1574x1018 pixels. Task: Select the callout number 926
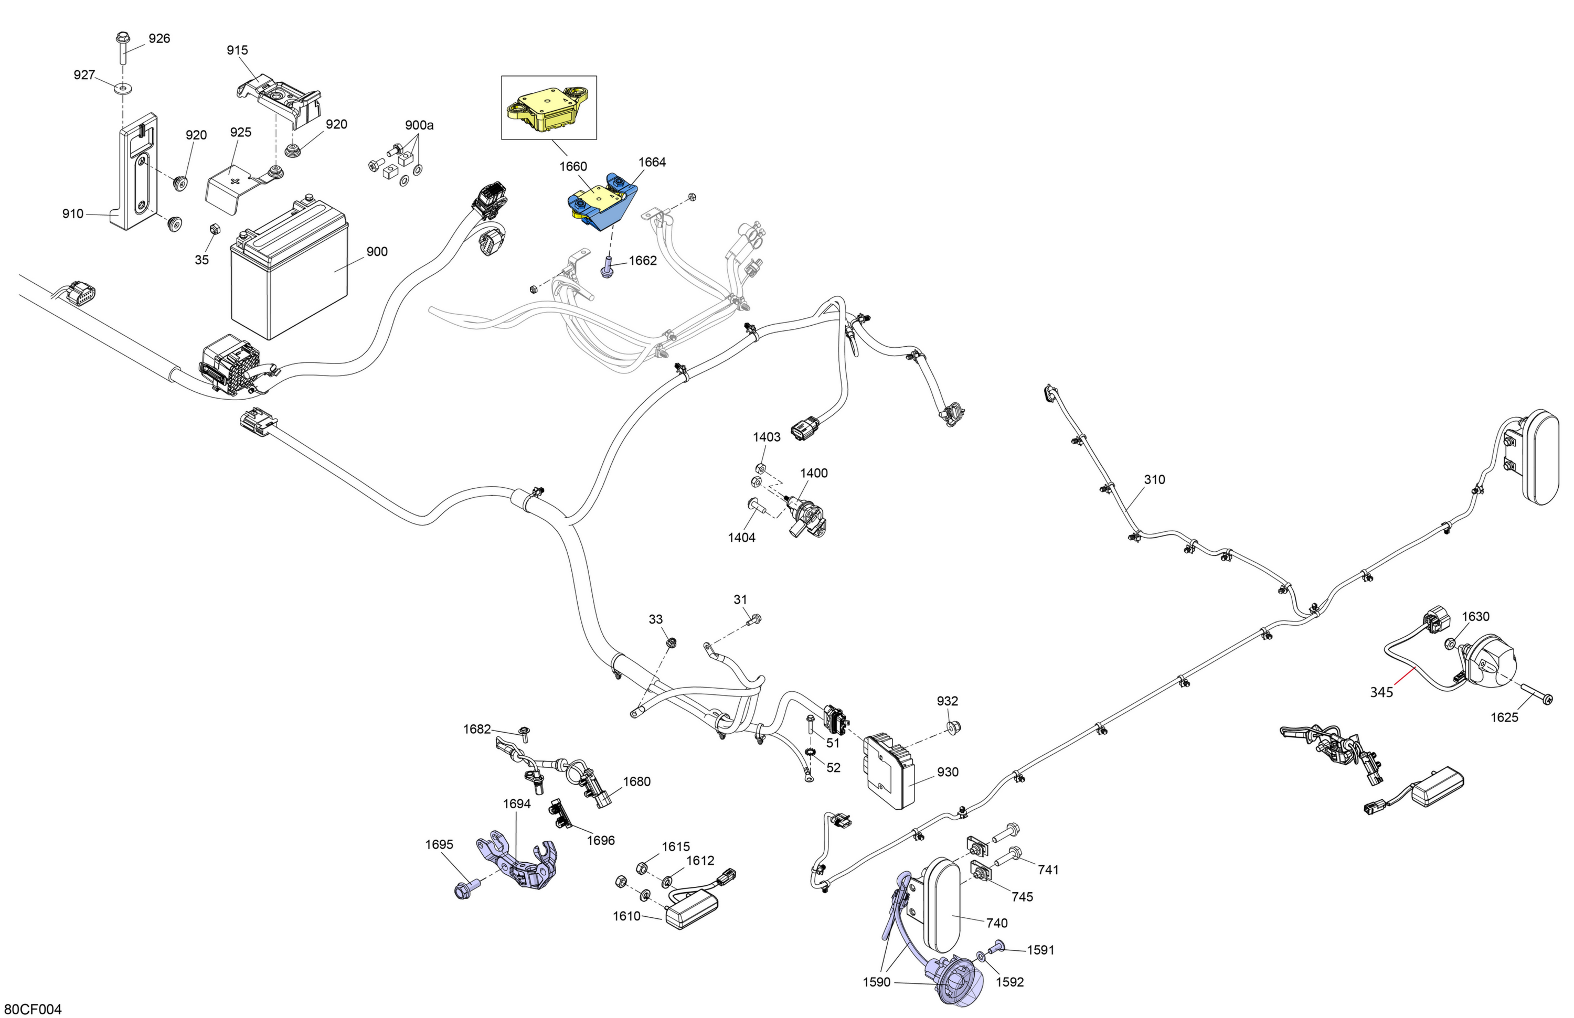tap(159, 38)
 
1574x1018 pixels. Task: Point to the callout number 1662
tap(642, 261)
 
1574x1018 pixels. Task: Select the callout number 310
tap(1154, 479)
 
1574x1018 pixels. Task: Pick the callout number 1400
tap(813, 473)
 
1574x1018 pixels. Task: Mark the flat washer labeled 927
tap(122, 88)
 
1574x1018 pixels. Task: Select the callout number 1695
tap(439, 844)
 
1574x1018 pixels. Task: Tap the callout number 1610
tap(626, 916)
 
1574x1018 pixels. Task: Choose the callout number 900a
tap(419, 125)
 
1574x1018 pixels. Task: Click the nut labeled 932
tap(953, 728)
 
